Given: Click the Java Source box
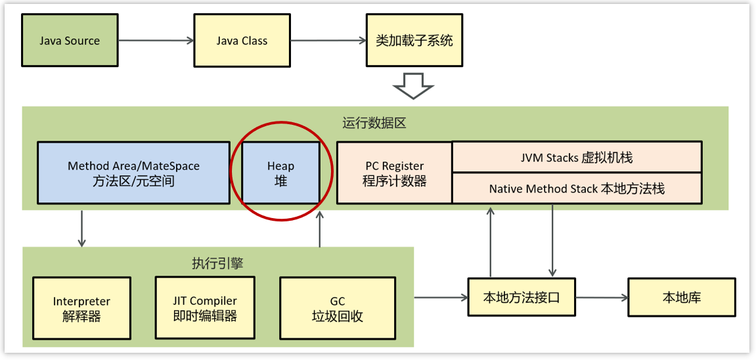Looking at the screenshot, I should pyautogui.click(x=69, y=41).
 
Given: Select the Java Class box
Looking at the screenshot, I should pyautogui.click(x=242, y=41).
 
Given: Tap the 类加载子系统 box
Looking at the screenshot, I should pyautogui.click(x=414, y=41).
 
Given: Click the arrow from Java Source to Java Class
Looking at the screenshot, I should pyautogui.click(x=156, y=41).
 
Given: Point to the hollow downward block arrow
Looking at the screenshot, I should pyautogui.click(x=413, y=85).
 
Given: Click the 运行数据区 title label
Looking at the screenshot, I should pyautogui.click(x=374, y=123).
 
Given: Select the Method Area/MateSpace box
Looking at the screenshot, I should pyautogui.click(x=133, y=173).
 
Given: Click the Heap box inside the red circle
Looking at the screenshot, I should pyautogui.click(x=280, y=173).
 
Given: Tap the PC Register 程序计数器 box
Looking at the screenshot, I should pyautogui.click(x=394, y=173).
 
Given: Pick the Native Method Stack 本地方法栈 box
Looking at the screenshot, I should pyautogui.click(x=577, y=189).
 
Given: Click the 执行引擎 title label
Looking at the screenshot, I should pyautogui.click(x=217, y=263).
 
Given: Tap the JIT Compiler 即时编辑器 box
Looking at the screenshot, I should pyautogui.click(x=204, y=307).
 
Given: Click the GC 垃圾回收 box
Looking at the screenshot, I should pyautogui.click(x=337, y=308).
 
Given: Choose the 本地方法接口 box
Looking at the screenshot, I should pyautogui.click(x=522, y=297).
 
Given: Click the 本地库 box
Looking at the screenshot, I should pyautogui.click(x=681, y=297).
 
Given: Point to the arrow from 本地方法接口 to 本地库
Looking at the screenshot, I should pyautogui.click(x=602, y=297).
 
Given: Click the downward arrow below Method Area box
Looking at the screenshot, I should pyautogui.click(x=81, y=228).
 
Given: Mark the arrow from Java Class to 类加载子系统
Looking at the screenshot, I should pyautogui.click(x=328, y=41).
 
